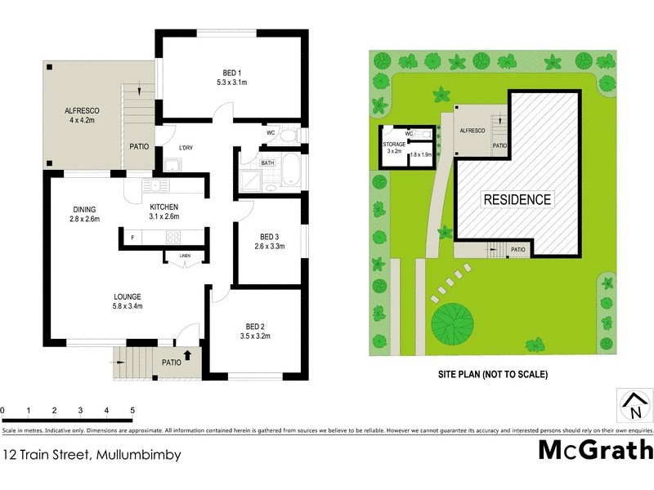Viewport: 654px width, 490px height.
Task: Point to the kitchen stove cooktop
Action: pos(174,238)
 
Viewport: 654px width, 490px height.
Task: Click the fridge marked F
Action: pos(132,238)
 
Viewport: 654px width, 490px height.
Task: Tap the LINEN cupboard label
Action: pos(185,256)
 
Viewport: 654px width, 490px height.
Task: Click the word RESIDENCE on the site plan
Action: pos(517,199)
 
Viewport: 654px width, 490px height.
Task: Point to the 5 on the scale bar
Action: pos(132,409)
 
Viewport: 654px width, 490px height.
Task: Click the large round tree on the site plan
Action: pos(450,319)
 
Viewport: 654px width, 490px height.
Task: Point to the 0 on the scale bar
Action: pos(3,409)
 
